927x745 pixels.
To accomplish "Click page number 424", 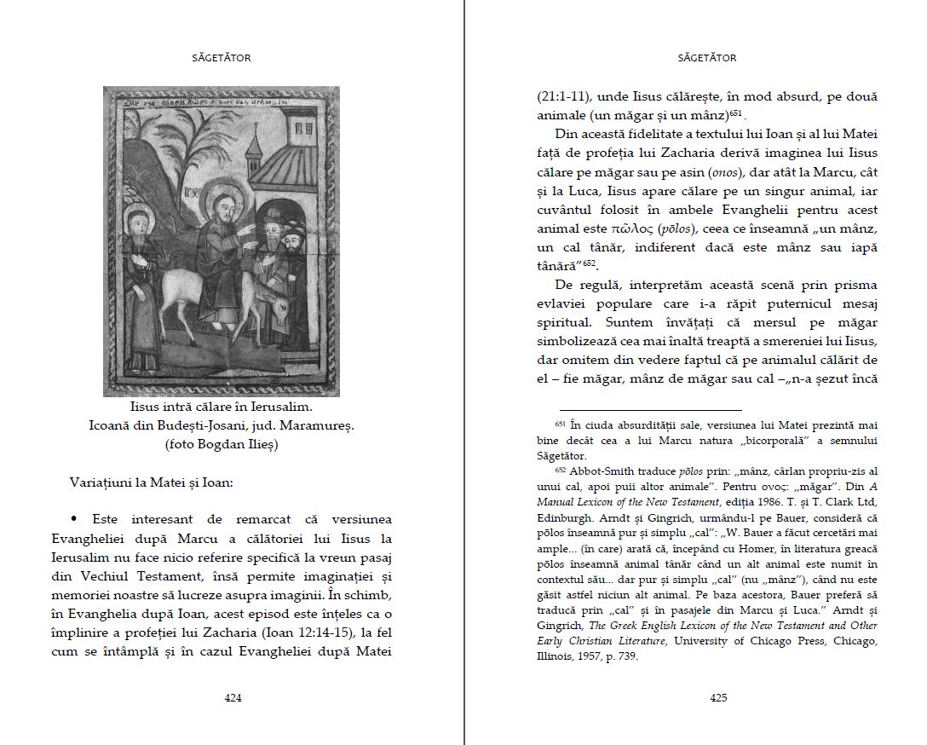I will click(233, 697).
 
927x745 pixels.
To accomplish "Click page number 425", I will click(718, 697).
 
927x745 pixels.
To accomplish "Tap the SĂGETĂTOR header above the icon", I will click(222, 58).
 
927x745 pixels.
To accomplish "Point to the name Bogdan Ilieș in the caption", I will click(240, 443).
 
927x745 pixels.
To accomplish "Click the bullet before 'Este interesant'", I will click(74, 518).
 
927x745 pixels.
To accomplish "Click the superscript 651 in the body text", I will click(736, 113).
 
